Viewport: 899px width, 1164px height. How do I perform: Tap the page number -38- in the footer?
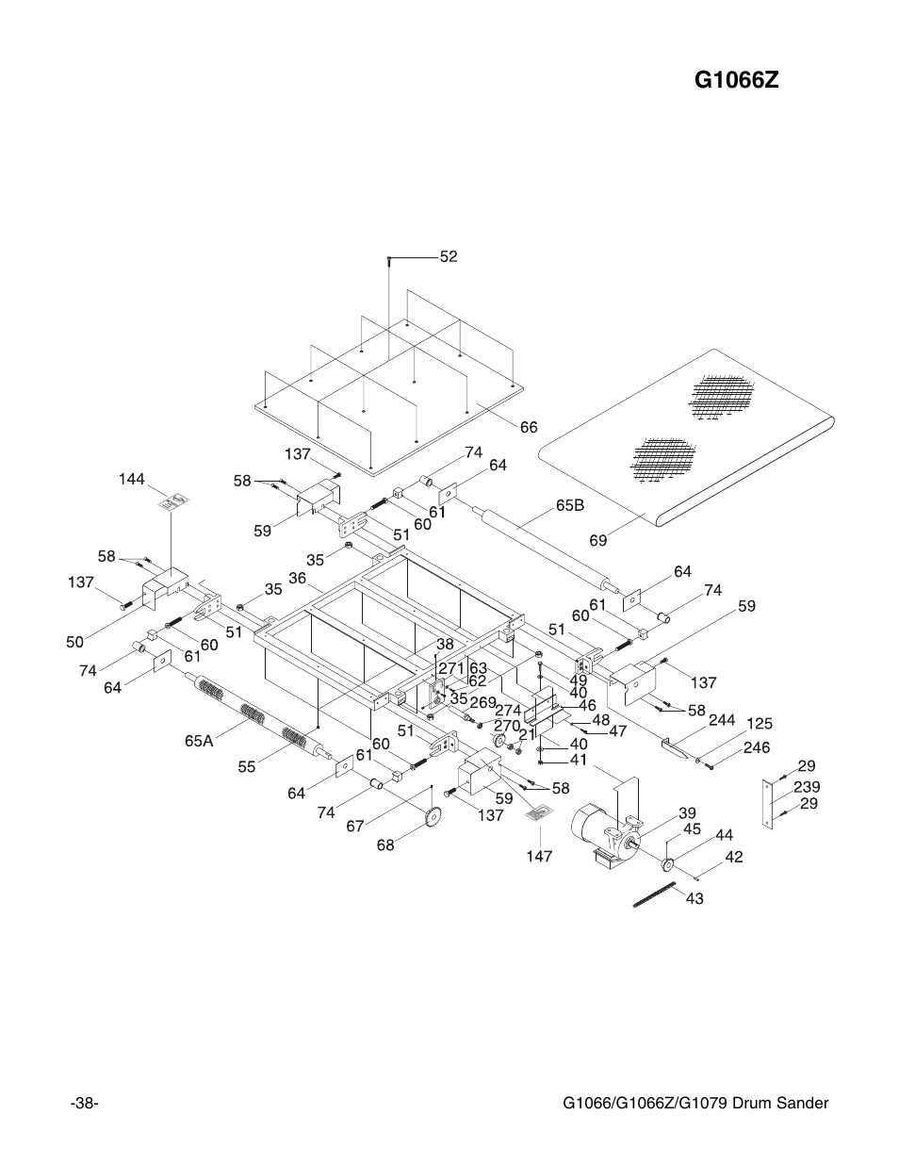coord(85,1104)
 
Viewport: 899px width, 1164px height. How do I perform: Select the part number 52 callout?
coord(448,256)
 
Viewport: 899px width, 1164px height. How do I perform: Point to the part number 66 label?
coord(528,427)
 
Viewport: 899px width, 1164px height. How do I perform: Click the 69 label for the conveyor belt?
coord(598,541)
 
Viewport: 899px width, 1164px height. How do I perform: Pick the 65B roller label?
coord(570,505)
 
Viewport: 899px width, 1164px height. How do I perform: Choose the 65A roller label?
coord(199,741)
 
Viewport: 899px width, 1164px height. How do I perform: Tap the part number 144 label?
coord(131,480)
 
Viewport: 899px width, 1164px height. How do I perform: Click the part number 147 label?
coord(539,857)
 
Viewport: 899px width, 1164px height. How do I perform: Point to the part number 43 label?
coord(695,899)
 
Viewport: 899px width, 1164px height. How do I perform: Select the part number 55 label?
coord(247,767)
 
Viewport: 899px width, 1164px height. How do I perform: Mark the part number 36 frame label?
coord(298,578)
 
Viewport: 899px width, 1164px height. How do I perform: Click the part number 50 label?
coord(75,642)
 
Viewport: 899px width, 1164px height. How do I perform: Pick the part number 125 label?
coord(760,724)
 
